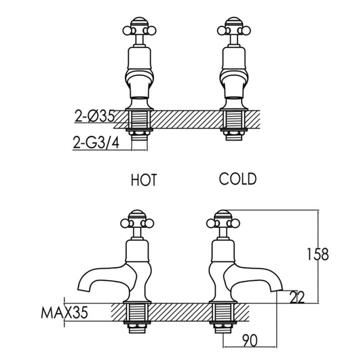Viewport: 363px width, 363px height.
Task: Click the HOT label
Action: pyautogui.click(x=144, y=180)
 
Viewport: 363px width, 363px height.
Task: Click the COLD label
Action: pyautogui.click(x=237, y=179)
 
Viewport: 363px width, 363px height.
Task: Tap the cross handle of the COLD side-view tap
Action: pyautogui.click(x=224, y=221)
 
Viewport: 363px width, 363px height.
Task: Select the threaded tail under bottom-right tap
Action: pyautogui.click(x=224, y=318)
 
